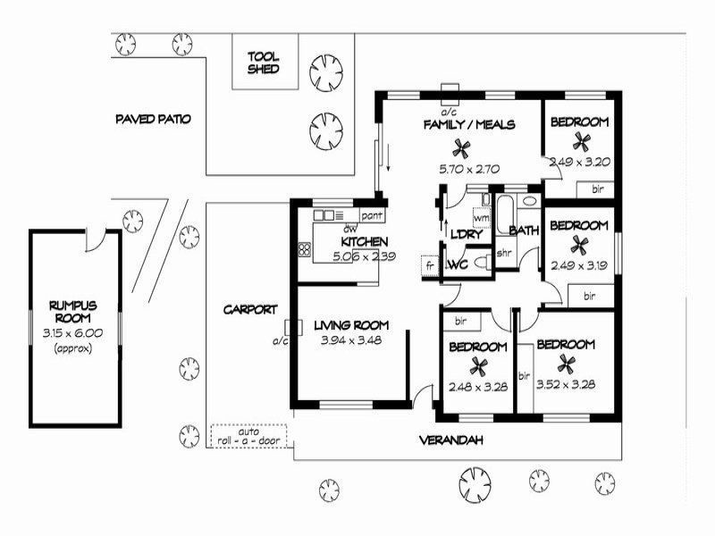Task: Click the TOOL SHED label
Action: (264, 62)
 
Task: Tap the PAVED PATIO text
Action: (153, 119)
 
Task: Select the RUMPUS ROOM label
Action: (72, 312)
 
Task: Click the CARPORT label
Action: (249, 309)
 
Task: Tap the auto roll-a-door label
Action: (248, 436)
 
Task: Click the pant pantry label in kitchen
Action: (371, 215)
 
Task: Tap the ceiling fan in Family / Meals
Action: (462, 147)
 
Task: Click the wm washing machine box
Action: (481, 217)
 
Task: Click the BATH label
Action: (524, 230)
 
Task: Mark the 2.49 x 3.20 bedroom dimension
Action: (578, 163)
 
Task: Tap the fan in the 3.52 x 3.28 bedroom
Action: (565, 363)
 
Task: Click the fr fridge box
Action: (429, 265)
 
